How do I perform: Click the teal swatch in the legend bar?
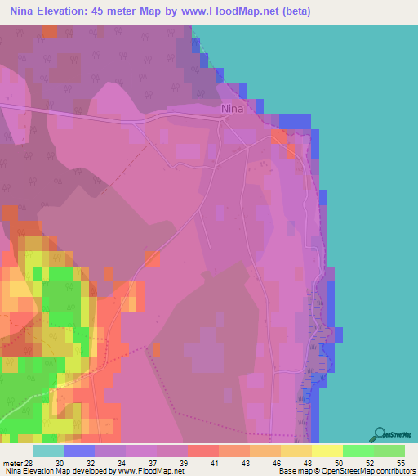47,450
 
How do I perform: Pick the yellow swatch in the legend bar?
327,450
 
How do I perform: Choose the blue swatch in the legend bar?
78,450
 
